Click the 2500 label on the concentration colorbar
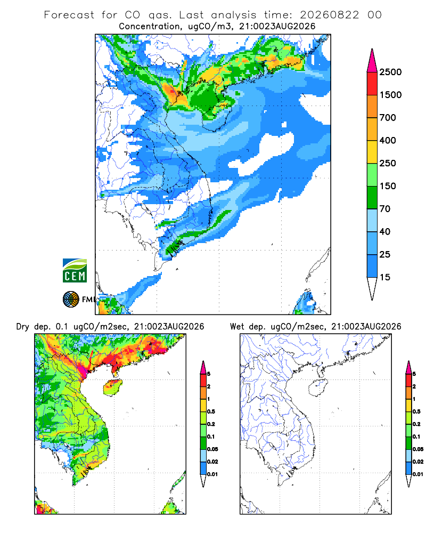tap(390, 72)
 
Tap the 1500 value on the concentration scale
tap(390, 95)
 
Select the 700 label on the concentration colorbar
tap(388, 118)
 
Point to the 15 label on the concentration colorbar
tap(385, 277)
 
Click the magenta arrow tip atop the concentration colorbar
tap(372, 61)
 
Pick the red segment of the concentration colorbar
tap(372, 84)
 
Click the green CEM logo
tap(75, 270)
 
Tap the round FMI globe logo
tap(71, 300)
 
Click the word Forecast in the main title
tap(69, 15)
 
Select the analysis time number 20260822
tap(329, 15)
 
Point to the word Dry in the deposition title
tap(23, 327)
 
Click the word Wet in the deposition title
tap(237, 327)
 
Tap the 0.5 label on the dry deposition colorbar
tap(211, 411)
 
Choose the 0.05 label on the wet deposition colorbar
tap(418, 449)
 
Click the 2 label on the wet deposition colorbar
tap(414, 386)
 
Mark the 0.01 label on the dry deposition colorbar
tap(212, 474)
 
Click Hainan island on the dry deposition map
tap(112, 387)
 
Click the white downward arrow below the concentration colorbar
tap(372, 288)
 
